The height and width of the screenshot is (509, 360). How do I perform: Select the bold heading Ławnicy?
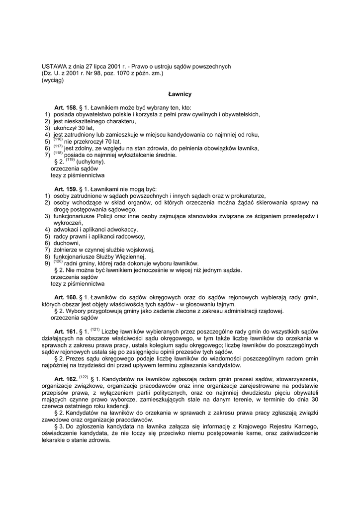coord(180,93)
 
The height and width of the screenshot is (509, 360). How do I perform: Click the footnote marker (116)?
coord(58,139)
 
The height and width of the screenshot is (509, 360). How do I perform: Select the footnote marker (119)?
coord(70,160)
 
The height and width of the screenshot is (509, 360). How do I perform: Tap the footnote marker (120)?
coord(58,261)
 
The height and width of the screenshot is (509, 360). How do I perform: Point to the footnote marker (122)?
coord(84,377)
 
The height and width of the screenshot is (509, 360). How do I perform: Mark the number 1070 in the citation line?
coord(124,74)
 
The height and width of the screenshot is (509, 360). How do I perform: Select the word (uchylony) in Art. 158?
coord(91,162)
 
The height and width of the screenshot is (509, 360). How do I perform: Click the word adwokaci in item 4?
coord(67,230)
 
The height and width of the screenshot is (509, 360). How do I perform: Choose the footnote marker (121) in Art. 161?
coord(96,330)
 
